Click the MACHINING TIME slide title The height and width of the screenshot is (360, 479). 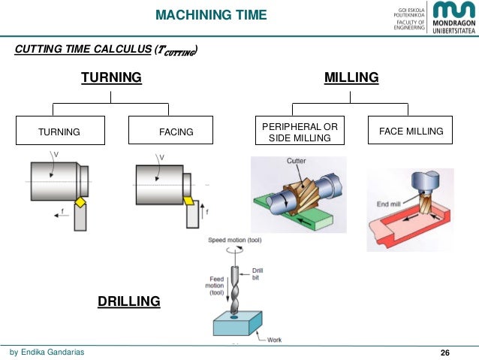point(212,14)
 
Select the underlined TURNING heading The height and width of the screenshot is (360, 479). point(111,77)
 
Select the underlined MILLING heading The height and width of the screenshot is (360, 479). point(351,77)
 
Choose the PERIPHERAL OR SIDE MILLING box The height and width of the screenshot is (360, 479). point(299,132)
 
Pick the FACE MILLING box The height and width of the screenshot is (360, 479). point(411,131)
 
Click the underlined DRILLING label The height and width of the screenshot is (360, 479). point(129,301)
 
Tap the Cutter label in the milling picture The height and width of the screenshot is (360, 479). point(296,161)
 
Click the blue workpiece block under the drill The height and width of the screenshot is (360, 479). point(238,324)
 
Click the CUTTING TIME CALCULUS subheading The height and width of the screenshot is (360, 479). point(106,50)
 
